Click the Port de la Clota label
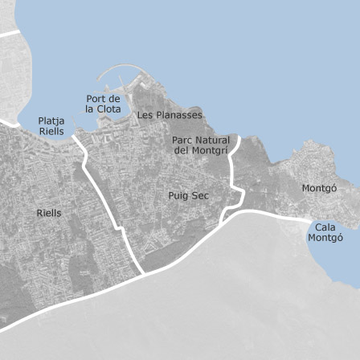click(103, 104)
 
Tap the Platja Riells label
click(51, 126)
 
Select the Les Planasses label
click(170, 115)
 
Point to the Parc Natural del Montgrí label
click(201, 145)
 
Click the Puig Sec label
click(188, 195)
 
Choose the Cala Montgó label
click(325, 232)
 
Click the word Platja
click(51, 121)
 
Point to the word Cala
click(325, 227)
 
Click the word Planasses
click(179, 115)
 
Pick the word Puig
click(178, 195)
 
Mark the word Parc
click(183, 141)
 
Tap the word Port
click(96, 99)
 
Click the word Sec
click(200, 195)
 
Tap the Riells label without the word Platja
click(48, 213)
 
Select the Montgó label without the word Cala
click(319, 188)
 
